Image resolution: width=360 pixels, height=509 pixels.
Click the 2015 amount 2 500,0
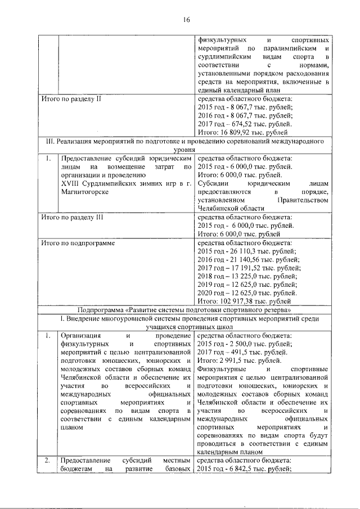[x=242, y=344]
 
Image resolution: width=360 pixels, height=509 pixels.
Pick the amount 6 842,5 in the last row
[x=242, y=470]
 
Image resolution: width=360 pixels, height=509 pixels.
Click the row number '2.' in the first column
[x=48, y=461]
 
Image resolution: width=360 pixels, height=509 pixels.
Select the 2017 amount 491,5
[x=240, y=353]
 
